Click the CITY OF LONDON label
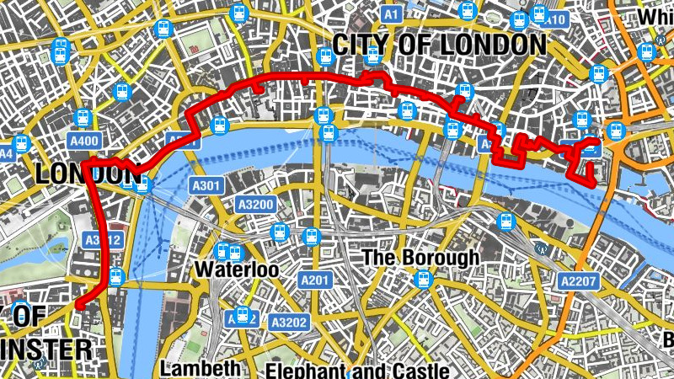(x=439, y=45)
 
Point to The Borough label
(x=420, y=256)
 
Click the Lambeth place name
(x=201, y=369)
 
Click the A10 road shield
(x=554, y=19)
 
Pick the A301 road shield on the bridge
(x=206, y=186)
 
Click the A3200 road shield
(x=254, y=204)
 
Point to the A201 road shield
(x=314, y=280)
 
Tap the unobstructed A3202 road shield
(x=288, y=322)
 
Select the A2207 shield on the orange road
(x=578, y=280)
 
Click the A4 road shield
(x=6, y=154)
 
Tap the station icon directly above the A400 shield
(x=83, y=117)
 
